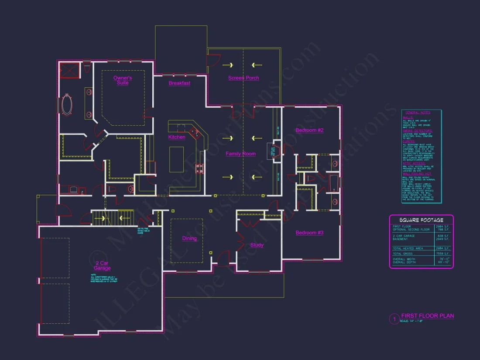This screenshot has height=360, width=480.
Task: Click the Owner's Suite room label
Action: (123, 80)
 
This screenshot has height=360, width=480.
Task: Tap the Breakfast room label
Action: (179, 83)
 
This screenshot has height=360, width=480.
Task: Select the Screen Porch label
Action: (243, 78)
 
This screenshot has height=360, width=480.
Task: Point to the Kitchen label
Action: (177, 137)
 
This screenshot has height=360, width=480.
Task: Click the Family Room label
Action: (240, 154)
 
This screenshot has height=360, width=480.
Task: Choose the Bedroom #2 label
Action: (309, 130)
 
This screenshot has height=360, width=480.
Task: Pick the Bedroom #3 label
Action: (309, 233)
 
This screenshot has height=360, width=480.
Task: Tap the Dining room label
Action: (189, 238)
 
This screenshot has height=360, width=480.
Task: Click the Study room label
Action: (257, 245)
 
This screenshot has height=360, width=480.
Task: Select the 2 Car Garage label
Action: (102, 266)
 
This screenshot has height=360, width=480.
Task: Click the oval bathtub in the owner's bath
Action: (68, 105)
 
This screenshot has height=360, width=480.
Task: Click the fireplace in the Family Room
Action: (276, 151)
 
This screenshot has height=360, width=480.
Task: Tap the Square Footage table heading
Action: (421, 220)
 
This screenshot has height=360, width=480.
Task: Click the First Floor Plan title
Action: (428, 316)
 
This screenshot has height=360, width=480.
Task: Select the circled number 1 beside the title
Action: (394, 319)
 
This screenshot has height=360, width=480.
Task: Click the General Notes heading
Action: (421, 113)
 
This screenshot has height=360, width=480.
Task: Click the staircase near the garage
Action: (112, 216)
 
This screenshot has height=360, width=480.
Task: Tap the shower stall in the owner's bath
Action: (69, 70)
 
